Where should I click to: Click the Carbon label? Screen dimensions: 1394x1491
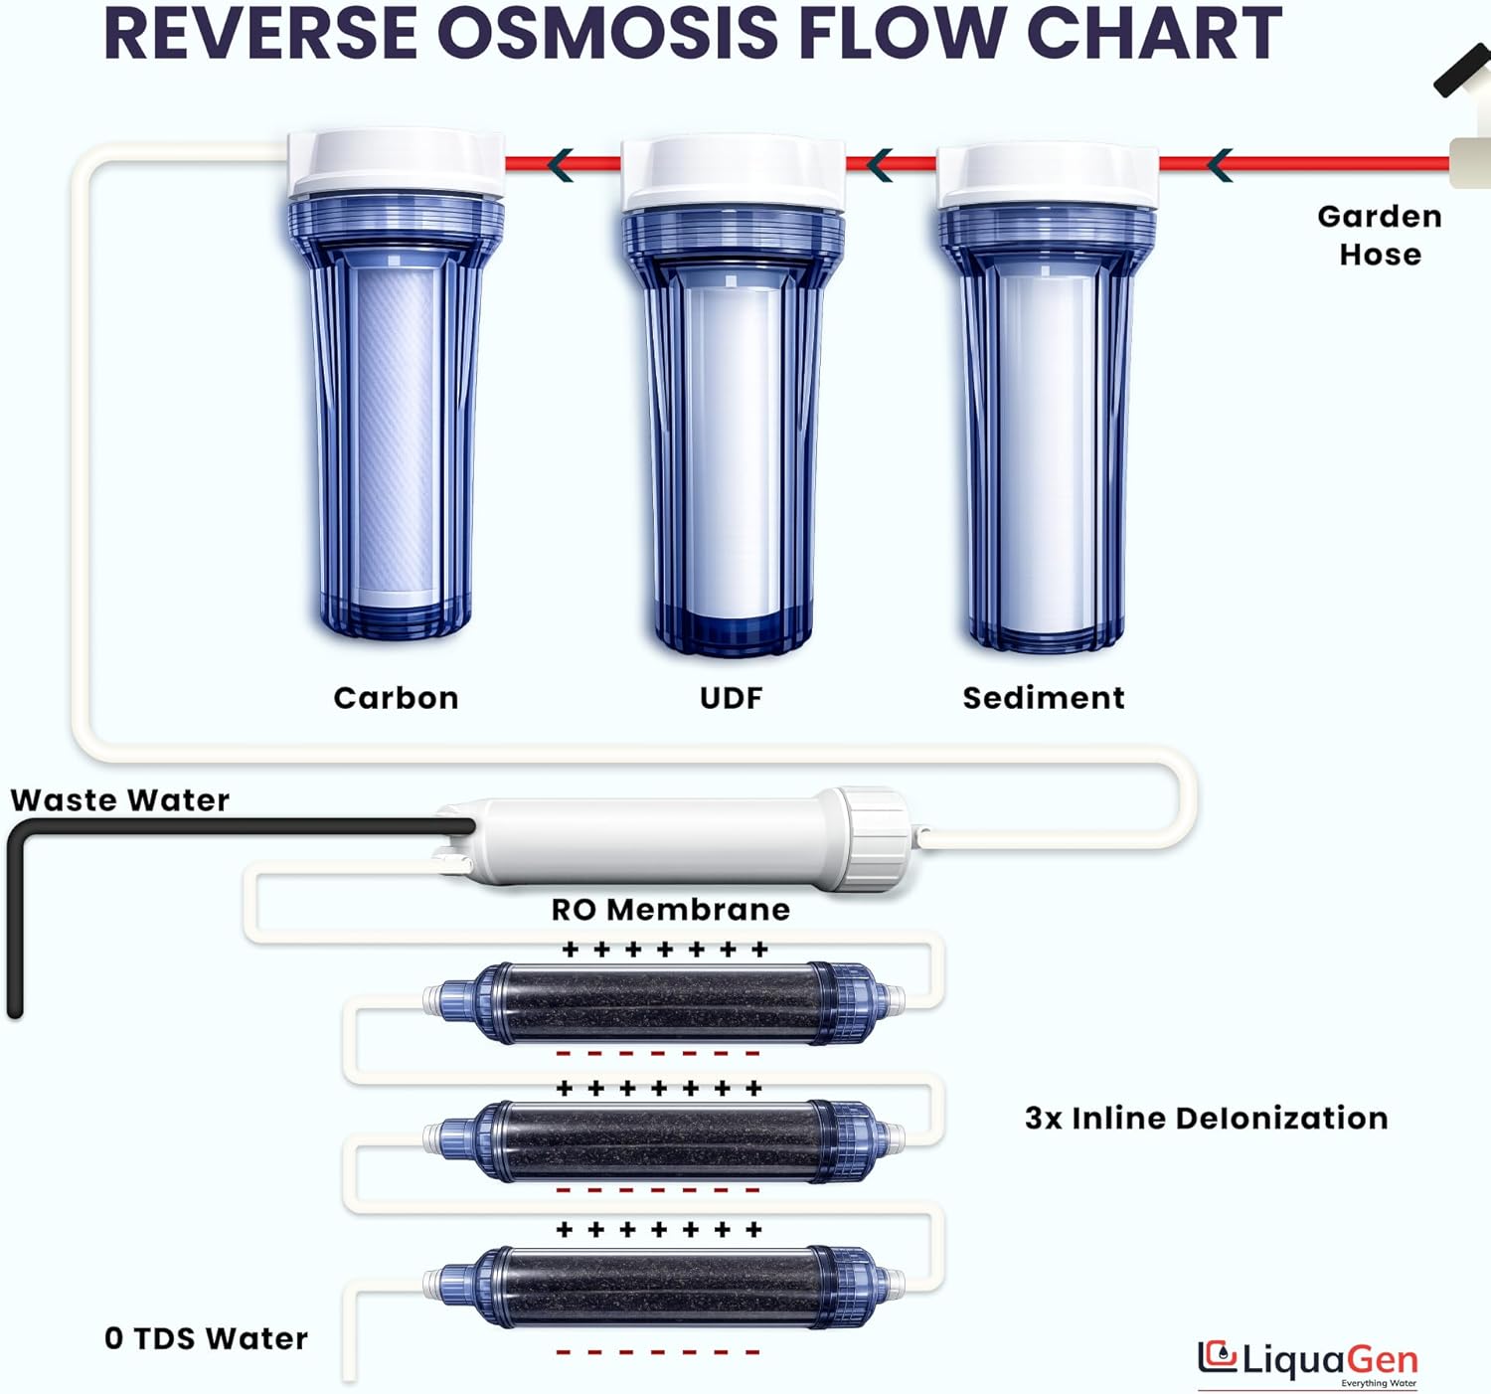tap(396, 698)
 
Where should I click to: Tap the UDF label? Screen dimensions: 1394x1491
tap(731, 698)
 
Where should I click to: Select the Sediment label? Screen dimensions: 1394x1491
tap(1044, 698)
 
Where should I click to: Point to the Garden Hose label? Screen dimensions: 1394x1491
tap(1380, 236)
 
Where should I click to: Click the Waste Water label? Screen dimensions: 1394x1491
tap(119, 800)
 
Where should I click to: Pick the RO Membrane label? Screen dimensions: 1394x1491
tap(671, 910)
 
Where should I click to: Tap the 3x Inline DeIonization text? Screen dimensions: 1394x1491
tap(1206, 1119)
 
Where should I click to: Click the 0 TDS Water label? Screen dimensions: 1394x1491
tap(206, 1338)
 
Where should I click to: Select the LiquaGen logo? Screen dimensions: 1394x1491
tap(1308, 1360)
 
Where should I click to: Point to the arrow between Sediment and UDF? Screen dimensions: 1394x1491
tap(880, 164)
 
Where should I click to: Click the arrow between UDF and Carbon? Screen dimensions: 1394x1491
tap(561, 164)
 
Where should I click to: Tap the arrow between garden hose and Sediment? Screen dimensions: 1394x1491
tap(1220, 164)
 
